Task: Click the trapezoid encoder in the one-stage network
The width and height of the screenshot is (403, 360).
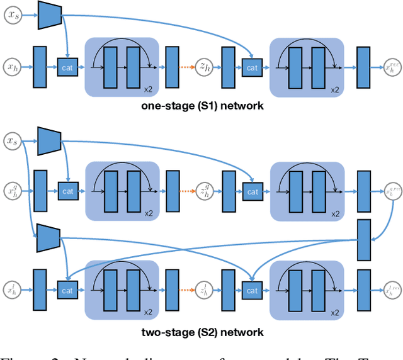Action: point(48,15)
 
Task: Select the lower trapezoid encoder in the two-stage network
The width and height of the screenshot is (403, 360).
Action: point(48,237)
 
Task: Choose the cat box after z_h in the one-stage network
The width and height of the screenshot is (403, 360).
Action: point(252,67)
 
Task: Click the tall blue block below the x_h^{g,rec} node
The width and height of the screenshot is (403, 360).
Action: point(364,239)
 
